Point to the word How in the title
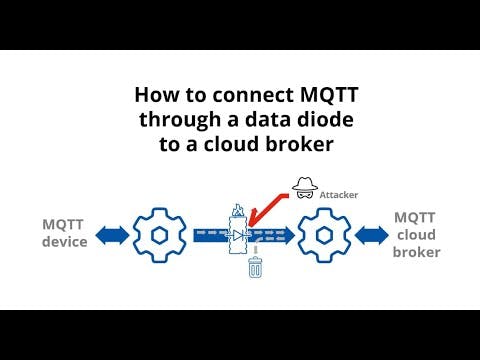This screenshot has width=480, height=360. (157, 97)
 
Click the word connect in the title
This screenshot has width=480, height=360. (235, 97)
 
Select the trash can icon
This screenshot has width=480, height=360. (255, 268)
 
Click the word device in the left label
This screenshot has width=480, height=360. (64, 242)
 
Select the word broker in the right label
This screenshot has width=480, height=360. (416, 252)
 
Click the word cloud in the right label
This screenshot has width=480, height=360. (415, 234)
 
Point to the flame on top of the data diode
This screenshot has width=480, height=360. (238, 211)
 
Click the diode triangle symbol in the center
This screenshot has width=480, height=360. (238, 236)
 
